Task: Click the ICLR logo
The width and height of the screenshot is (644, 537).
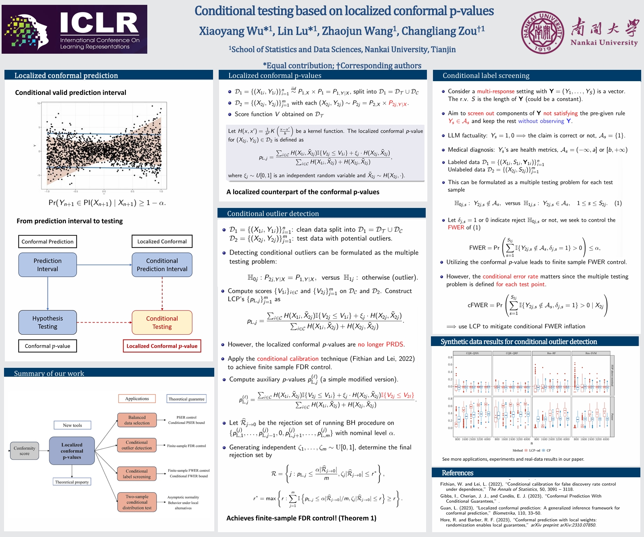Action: (x=74, y=29)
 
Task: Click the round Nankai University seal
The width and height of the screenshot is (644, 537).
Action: (x=542, y=32)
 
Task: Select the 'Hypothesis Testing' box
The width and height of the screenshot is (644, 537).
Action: (x=48, y=323)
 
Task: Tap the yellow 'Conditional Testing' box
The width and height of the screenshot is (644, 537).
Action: (x=162, y=323)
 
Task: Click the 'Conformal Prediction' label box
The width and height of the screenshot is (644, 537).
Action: (x=48, y=241)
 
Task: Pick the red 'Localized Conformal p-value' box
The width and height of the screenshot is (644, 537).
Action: (x=162, y=346)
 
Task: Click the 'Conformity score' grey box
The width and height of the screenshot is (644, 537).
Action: (x=25, y=451)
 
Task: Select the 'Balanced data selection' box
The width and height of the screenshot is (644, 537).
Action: (x=137, y=420)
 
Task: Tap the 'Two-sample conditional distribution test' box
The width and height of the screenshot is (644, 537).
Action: (x=137, y=502)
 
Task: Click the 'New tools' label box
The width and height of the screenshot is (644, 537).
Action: (x=72, y=425)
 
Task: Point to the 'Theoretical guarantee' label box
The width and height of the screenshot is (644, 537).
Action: (x=186, y=399)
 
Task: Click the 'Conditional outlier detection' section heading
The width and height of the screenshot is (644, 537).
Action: (x=273, y=214)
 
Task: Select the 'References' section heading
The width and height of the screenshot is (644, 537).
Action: (x=458, y=473)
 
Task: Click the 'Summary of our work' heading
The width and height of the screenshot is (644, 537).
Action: (x=49, y=373)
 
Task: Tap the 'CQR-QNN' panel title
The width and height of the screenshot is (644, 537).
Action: (x=472, y=353)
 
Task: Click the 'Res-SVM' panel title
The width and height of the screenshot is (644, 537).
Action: (x=591, y=353)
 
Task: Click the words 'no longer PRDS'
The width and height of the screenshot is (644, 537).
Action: (x=381, y=344)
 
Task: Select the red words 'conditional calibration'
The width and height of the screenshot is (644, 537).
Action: (x=288, y=359)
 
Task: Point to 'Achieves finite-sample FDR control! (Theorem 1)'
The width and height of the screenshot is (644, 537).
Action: (x=301, y=518)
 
